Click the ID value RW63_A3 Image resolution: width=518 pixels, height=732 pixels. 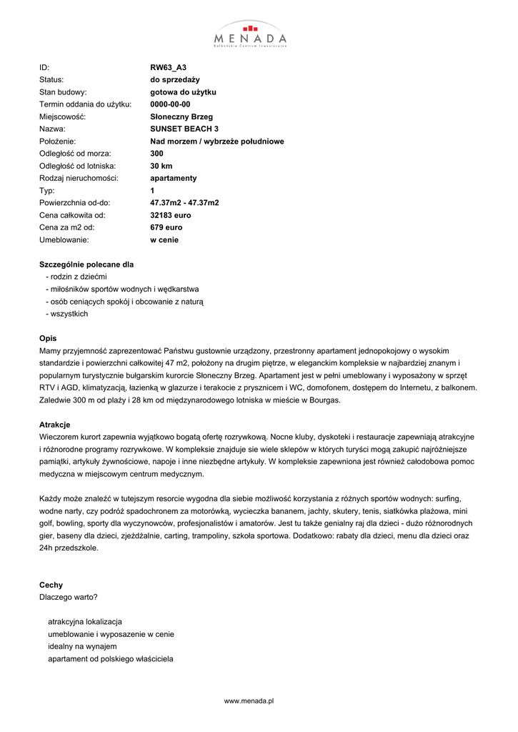pos(168,67)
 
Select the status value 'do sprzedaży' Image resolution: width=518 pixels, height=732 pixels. pos(175,79)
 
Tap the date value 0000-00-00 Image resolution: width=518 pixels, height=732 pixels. pos(170,104)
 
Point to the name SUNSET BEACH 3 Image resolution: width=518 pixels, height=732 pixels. pos(184,129)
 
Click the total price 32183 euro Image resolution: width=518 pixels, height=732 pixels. pos(171,215)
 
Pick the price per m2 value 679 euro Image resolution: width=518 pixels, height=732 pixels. pos(166,227)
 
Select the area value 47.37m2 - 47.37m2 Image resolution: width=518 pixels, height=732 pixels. pos(184,202)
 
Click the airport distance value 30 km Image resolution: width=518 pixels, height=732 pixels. pos(161,166)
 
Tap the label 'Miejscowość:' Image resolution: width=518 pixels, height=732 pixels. pos(62,117)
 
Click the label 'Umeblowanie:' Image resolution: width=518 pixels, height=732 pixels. pos(64,240)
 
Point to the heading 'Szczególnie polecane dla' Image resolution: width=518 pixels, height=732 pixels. pos(86,264)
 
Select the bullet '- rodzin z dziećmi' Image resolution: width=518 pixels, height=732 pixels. pos(76,277)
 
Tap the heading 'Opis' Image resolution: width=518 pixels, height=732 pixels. pos(48,338)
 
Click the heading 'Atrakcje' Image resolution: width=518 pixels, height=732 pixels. pos(54,425)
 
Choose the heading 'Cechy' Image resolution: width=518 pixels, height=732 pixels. pos(51,585)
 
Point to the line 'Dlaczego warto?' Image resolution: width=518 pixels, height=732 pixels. pos(69,597)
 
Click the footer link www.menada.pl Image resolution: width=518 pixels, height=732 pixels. pos(250,701)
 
